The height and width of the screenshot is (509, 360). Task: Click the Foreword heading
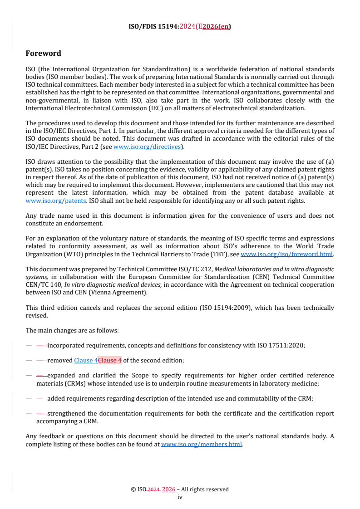(x=43, y=54)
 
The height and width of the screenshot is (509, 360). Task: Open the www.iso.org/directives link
(x=147, y=147)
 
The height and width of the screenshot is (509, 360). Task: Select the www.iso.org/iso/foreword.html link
(x=286, y=254)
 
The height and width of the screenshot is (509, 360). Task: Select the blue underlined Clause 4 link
(x=86, y=360)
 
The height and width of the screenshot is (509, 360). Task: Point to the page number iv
(x=180, y=497)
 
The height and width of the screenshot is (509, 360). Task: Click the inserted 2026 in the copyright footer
(x=168, y=489)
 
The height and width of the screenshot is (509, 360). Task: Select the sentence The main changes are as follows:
(x=72, y=330)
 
